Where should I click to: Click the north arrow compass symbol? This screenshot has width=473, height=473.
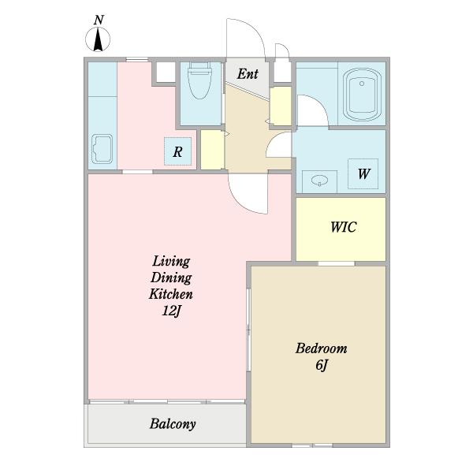coord(98,39)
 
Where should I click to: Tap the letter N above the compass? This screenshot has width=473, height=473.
coord(99,20)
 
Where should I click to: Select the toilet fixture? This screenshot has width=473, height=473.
coord(199,80)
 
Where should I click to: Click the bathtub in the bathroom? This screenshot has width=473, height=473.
coord(362,95)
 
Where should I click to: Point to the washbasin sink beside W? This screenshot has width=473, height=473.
coord(319,181)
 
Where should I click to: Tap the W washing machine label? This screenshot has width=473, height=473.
coord(363,173)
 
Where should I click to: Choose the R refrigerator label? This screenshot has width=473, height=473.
coord(177,151)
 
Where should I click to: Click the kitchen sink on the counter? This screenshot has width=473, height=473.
coord(102,149)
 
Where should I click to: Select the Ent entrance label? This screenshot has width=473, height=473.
coord(248,74)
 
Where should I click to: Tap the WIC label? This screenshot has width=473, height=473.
coord(344,227)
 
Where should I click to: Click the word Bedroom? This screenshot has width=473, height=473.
coord(322,348)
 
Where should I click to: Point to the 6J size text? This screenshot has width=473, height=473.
coord(322,365)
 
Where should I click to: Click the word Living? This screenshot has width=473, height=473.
coord(171,262)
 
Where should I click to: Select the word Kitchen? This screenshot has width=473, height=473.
coord(171,294)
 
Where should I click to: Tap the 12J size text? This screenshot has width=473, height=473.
coord(171,311)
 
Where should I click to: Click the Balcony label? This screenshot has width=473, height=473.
coord(173,424)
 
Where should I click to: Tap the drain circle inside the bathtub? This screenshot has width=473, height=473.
coord(362,84)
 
